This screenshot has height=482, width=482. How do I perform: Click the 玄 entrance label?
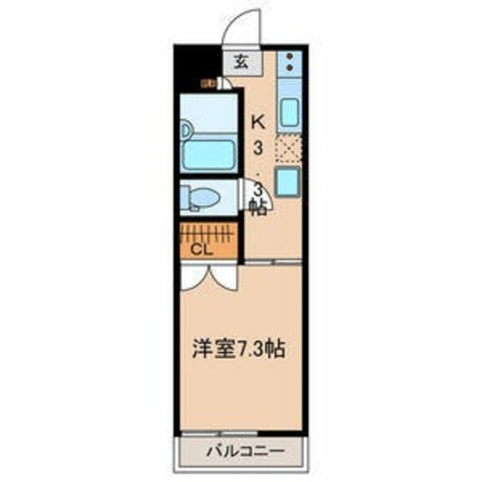(x=240, y=63)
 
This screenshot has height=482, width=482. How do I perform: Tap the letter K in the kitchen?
(x=258, y=120)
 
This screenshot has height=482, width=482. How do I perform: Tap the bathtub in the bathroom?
(x=210, y=154)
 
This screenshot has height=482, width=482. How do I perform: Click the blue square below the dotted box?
(x=288, y=182)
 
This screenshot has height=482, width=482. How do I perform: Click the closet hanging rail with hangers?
(x=209, y=230)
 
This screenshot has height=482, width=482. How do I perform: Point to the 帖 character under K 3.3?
(x=258, y=208)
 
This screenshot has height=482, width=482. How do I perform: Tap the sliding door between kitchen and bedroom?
(x=275, y=261)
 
